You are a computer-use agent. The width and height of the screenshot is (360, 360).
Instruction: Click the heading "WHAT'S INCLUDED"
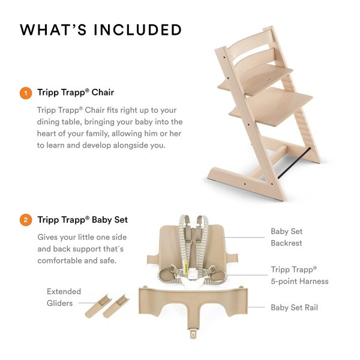click(x=101, y=29)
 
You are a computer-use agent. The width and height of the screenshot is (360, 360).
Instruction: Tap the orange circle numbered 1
click(x=25, y=93)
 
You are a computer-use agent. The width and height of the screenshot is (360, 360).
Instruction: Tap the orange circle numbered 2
click(x=25, y=220)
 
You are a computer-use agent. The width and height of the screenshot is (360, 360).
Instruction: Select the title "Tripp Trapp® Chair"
click(x=76, y=93)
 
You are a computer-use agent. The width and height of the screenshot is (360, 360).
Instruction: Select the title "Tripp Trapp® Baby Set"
click(x=82, y=220)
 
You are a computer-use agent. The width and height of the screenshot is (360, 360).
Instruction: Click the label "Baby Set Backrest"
click(x=287, y=237)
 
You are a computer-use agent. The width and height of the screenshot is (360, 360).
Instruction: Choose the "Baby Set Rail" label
click(x=294, y=308)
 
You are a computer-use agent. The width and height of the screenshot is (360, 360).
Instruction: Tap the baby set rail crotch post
click(x=194, y=331)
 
